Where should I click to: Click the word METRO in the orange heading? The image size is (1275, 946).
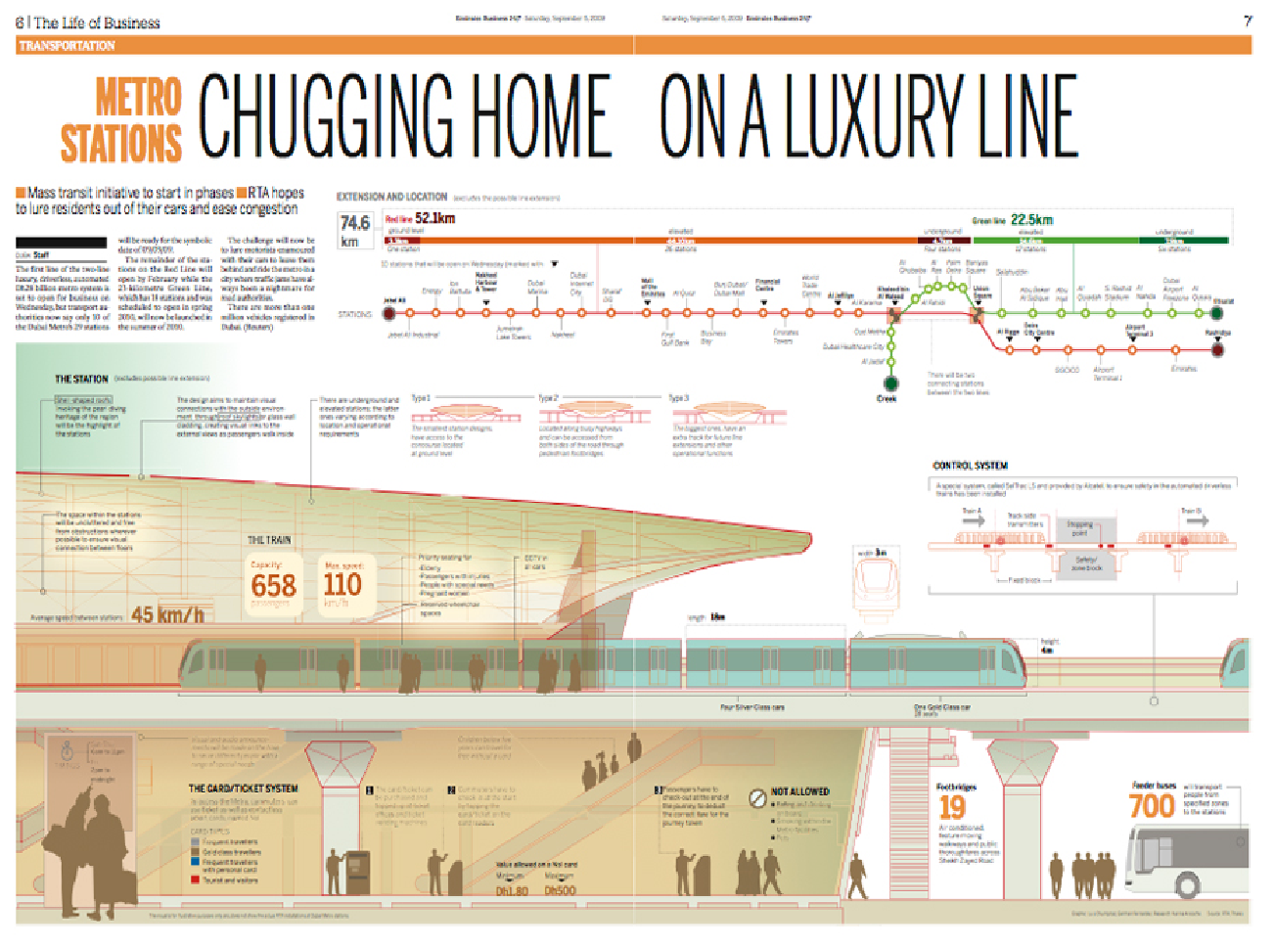point(138,99)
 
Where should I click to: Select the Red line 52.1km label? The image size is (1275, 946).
point(421,218)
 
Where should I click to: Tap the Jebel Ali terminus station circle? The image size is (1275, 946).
point(389,313)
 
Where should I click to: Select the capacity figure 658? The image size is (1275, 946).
point(273,586)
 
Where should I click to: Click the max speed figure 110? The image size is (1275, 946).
point(342,585)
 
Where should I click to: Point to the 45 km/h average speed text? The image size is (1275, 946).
point(168,615)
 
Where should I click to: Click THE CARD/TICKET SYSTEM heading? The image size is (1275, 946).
point(243,788)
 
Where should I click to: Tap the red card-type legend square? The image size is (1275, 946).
point(196,879)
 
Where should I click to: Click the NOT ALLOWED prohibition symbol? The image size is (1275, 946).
point(757,798)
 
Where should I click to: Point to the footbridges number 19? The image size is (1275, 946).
point(952,807)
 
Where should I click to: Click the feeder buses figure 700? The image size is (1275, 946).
point(1151,806)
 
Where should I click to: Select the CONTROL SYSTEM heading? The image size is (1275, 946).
point(970,466)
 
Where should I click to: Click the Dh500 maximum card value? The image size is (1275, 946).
point(560,891)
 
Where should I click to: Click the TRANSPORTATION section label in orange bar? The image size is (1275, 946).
point(67,46)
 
